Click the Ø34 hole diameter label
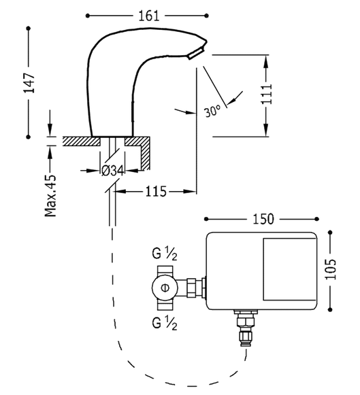tap(112, 171)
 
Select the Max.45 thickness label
tap(50, 192)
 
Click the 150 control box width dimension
tap(263, 218)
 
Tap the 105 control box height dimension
tap(331, 271)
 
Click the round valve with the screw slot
tap(165, 288)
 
